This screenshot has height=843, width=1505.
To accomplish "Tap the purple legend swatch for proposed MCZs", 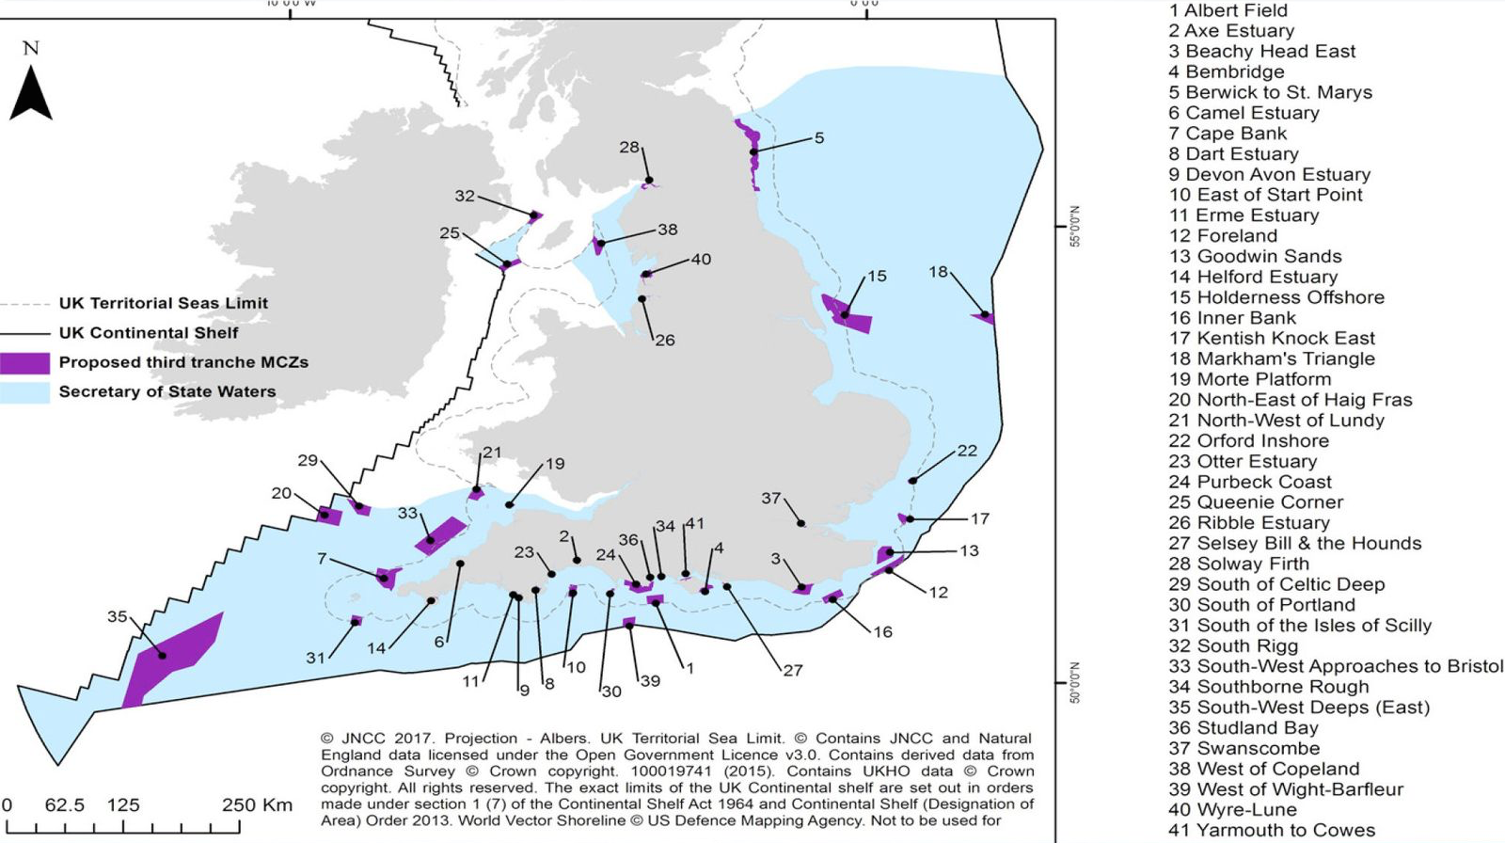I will pos(24,363).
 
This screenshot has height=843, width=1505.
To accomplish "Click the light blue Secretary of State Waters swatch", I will pos(24,392).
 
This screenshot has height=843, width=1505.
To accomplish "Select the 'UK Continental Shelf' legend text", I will pos(149,333).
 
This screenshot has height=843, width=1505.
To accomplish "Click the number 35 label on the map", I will pos(117,617).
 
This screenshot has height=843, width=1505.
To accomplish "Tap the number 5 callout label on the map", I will pos(819,138).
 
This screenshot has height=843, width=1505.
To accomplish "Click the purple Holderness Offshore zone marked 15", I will pos(847,313).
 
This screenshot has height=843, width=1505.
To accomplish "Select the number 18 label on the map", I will pos(938,272).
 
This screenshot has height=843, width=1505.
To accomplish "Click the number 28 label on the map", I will pos(629,148).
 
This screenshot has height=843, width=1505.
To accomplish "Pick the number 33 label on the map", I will pos(407,514).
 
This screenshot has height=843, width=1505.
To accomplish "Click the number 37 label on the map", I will pos(771,499).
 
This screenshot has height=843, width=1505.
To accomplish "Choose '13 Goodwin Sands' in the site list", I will pos(1255,257).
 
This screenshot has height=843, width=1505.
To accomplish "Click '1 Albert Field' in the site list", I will pos(1228,11).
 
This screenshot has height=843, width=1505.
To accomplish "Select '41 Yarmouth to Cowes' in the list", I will pos(1271,831).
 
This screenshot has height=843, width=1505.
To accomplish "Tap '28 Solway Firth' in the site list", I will pos(1238,565).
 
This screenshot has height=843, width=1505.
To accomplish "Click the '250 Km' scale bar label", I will pos(257,805).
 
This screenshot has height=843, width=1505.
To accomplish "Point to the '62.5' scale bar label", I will pos(65,805).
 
